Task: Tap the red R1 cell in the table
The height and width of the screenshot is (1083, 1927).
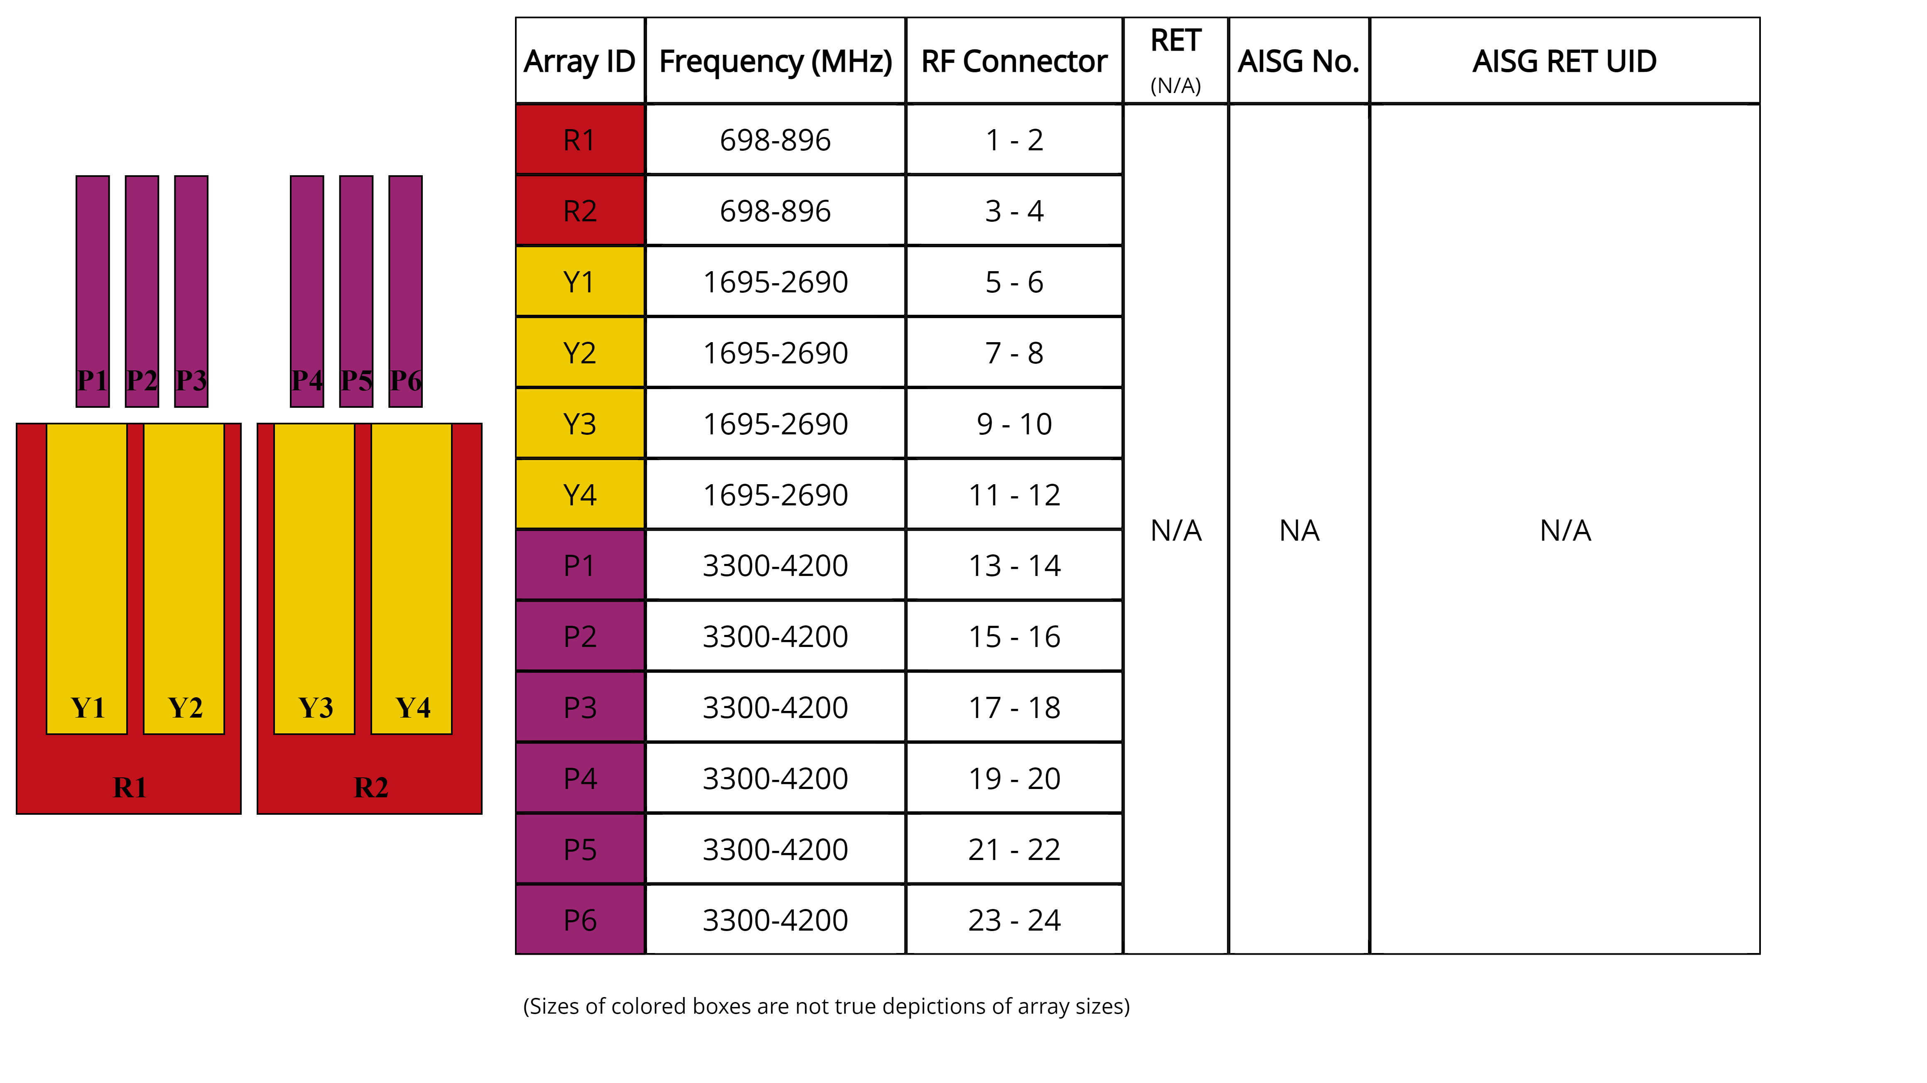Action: (x=580, y=140)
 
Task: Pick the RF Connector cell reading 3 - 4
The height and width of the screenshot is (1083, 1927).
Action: (x=1014, y=211)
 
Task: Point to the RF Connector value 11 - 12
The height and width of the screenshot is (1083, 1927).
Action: (x=1014, y=495)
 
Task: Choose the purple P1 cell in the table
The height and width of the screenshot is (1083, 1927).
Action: (x=580, y=566)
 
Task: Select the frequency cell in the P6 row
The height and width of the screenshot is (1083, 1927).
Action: (x=775, y=920)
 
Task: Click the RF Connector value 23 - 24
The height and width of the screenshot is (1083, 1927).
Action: (x=1014, y=920)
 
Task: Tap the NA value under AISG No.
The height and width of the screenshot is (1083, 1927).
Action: (x=1299, y=530)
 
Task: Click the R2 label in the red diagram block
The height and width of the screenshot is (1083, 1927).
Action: (x=370, y=787)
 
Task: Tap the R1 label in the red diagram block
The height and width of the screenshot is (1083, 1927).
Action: (x=130, y=787)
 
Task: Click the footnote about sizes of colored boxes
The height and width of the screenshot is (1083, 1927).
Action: (x=826, y=1006)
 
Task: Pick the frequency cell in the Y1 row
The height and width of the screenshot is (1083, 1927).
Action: (x=775, y=282)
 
